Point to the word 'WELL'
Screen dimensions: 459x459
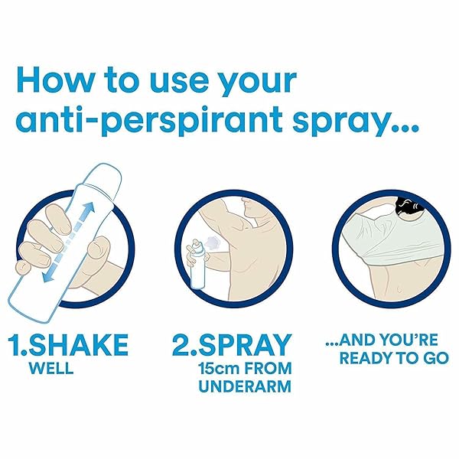tap(51, 369)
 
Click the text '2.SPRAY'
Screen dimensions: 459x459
tap(231, 346)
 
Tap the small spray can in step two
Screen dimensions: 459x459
tap(197, 264)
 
